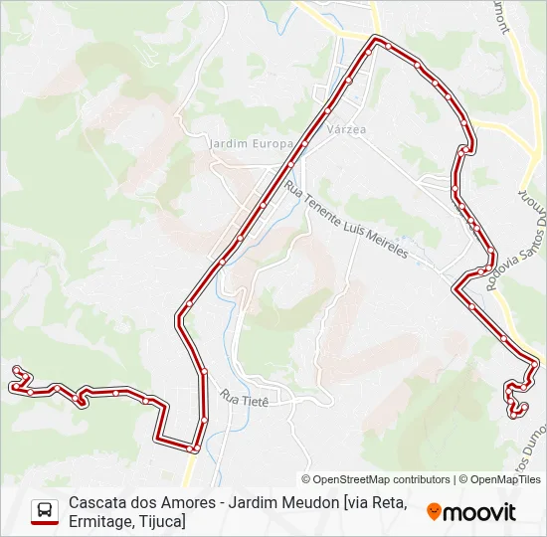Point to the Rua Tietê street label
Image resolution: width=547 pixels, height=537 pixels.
point(244,398)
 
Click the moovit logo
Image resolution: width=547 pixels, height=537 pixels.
point(471,512)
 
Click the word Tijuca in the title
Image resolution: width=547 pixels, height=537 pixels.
point(161,521)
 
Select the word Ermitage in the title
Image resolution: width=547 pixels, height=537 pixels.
point(103,521)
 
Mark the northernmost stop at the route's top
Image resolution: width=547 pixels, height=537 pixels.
point(375,40)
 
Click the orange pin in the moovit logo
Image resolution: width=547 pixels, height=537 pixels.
point(434,512)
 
